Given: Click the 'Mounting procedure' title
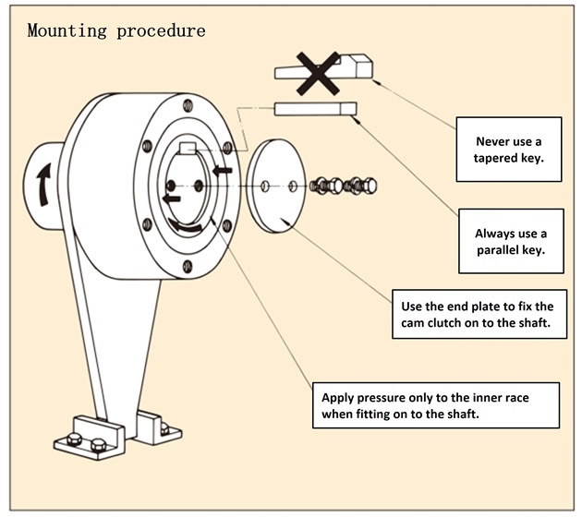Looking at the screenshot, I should click(x=116, y=30).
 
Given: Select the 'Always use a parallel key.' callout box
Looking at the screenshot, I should click(x=511, y=242).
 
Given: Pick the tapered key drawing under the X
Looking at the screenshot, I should click(x=356, y=66).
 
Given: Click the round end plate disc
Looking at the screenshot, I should click(x=279, y=186).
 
